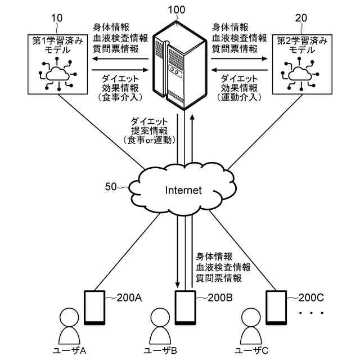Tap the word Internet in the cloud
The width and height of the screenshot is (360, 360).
point(183,191)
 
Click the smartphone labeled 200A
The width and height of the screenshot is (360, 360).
point(93,308)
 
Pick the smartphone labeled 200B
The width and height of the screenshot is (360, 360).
point(184,308)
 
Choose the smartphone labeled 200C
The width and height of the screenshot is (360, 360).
point(276,308)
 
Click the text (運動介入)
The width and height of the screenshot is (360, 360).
point(239,97)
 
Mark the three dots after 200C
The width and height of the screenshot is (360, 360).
point(311,312)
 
